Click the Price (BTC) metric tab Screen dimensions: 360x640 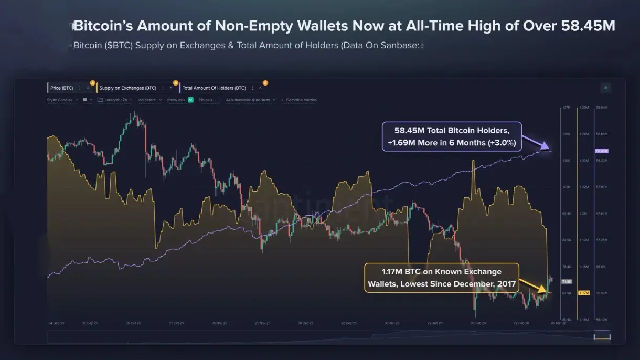62,88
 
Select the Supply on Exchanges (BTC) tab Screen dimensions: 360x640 127,88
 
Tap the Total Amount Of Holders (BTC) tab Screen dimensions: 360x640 214,88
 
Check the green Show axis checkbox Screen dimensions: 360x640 191,100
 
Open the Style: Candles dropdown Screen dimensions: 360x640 62,100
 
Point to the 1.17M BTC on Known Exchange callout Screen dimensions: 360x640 441,278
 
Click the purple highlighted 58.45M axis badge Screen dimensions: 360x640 601,151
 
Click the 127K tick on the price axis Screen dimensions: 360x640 566,107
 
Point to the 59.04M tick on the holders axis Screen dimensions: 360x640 601,107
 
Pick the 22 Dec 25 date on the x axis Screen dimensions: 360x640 349,323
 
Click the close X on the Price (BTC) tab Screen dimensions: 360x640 88,88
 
